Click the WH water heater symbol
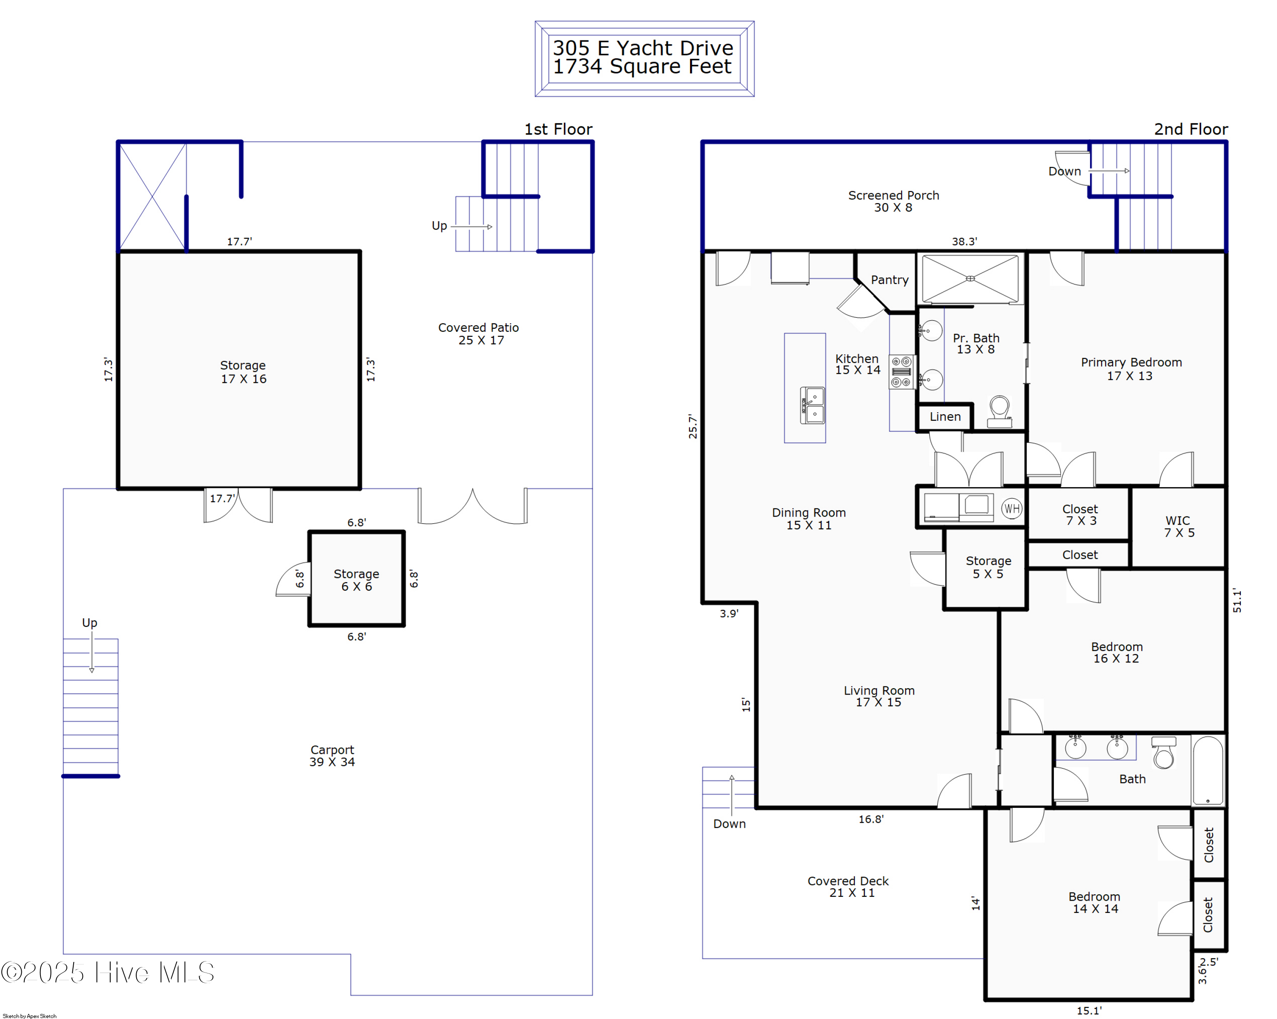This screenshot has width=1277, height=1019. [x=1012, y=508]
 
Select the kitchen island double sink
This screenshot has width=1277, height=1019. [x=812, y=405]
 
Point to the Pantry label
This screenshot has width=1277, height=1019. [x=889, y=280]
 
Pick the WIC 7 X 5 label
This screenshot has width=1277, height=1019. [x=1179, y=526]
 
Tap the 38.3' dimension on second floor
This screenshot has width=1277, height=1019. [x=964, y=241]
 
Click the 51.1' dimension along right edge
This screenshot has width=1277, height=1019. [x=1237, y=600]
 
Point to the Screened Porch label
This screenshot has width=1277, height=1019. [x=893, y=201]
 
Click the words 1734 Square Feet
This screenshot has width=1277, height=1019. [x=642, y=66]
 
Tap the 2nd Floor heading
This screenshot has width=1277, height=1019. [x=1191, y=129]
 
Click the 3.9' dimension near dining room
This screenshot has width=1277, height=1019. [x=729, y=613]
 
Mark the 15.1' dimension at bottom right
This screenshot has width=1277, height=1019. [x=1089, y=1011]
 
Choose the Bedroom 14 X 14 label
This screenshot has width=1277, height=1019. [x=1094, y=902]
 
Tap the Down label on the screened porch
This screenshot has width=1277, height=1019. [x=1064, y=171]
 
